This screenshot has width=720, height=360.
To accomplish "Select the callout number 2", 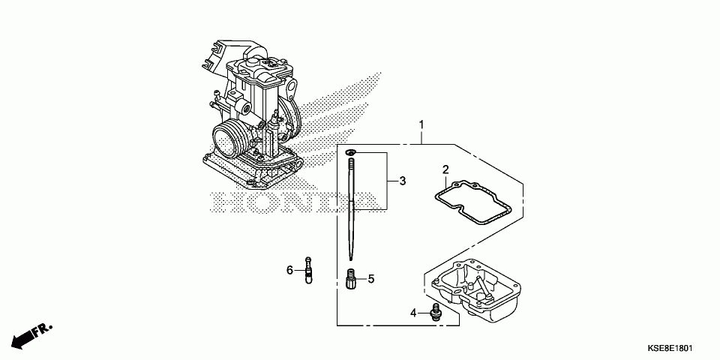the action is (x=445, y=169).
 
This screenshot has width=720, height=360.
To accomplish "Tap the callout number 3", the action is (x=403, y=181).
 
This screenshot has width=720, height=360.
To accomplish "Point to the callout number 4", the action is (x=413, y=313).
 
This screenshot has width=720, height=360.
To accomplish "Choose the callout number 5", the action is (x=371, y=278).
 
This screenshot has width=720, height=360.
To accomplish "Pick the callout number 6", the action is (x=289, y=271).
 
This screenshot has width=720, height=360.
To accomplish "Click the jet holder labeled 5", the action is (x=351, y=279).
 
